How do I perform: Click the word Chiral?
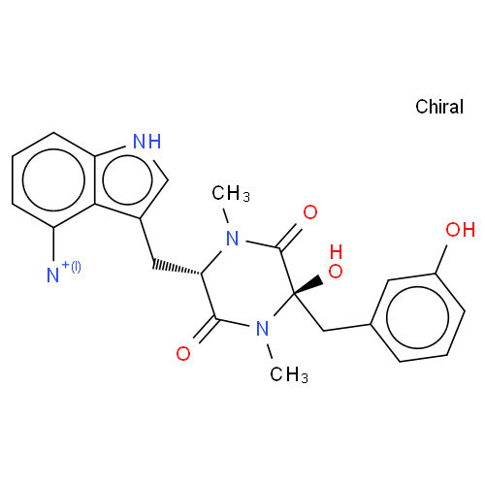(439, 107)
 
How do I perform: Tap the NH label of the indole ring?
(147, 142)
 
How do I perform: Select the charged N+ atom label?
(63, 272)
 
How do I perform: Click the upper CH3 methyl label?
(231, 193)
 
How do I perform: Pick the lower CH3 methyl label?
(289, 374)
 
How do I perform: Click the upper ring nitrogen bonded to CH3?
(232, 239)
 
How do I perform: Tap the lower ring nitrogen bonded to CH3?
(262, 329)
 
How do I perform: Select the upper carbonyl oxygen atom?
(310, 212)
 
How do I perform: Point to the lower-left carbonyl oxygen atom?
(183, 353)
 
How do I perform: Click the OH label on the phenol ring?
(461, 230)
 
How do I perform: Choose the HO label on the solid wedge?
(336, 261)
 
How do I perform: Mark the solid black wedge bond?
(308, 285)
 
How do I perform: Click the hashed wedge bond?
(177, 266)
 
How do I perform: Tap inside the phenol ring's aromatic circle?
(417, 317)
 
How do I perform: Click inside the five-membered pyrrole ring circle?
(127, 179)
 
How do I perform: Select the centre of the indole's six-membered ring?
(53, 180)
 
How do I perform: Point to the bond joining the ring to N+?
(53, 244)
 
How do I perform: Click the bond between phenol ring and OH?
(440, 259)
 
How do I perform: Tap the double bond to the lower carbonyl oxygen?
(207, 329)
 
